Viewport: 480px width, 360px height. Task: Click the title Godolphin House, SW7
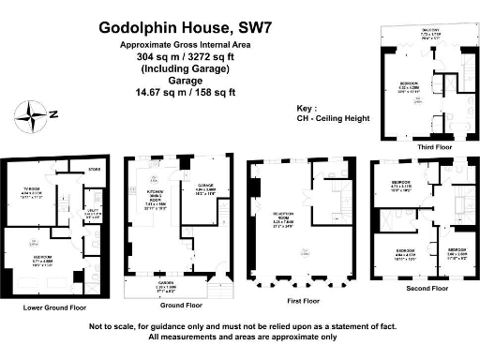pyautogui.click(x=177, y=28)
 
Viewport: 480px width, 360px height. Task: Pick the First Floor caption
pyautogui.click(x=299, y=301)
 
